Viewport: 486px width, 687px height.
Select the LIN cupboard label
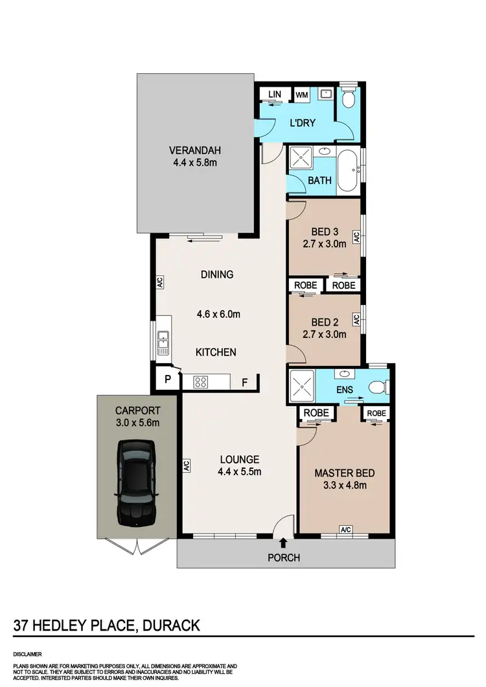[x=275, y=95]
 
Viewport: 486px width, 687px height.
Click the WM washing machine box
[x=301, y=95]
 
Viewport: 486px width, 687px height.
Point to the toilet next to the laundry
[x=349, y=98]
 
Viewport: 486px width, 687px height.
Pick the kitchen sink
[x=163, y=341]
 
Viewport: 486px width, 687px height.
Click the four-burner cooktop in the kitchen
[x=200, y=382]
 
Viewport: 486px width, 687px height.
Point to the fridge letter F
[x=244, y=382]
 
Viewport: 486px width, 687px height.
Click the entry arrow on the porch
[x=283, y=543]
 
